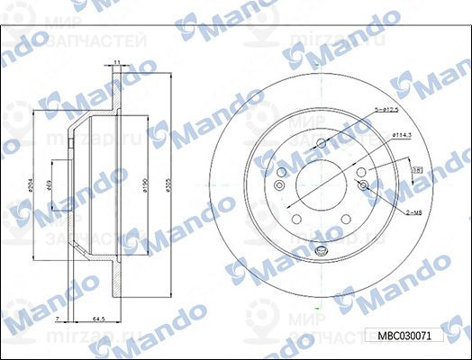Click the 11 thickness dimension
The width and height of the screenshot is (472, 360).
point(117,62)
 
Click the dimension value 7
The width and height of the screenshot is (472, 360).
point(56,319)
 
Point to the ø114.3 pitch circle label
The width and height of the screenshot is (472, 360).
point(403,135)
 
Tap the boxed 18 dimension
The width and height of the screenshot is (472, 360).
point(417,169)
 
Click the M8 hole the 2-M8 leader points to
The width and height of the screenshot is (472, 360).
point(363,184)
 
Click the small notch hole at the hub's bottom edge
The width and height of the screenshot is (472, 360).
point(320,244)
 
